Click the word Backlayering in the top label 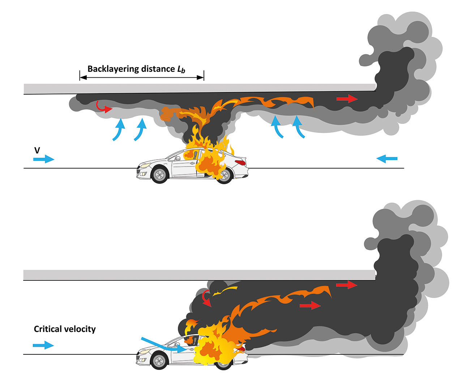pyautogui.click(x=113, y=69)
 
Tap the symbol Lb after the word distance pyautogui.click(x=181, y=69)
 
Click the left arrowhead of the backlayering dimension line pyautogui.click(x=83, y=78)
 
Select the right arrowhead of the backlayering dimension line pyautogui.click(x=200, y=78)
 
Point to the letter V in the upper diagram pyautogui.click(x=37, y=150)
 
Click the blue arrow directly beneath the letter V pyautogui.click(x=44, y=159)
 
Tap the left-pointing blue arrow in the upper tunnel pyautogui.click(x=386, y=159)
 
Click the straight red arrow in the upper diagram pyautogui.click(x=347, y=99)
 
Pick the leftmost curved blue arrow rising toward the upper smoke pyautogui.click(x=119, y=130)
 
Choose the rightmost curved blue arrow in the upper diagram pyautogui.click(x=298, y=127)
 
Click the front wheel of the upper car pyautogui.click(x=159, y=175)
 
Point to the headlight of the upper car pyautogui.click(x=145, y=165)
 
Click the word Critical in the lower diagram pyautogui.click(x=48, y=329)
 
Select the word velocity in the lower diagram pyautogui.click(x=80, y=329)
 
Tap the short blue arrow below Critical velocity pyautogui.click(x=43, y=345)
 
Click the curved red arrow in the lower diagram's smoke pyautogui.click(x=207, y=298)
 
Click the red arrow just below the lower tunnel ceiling pyautogui.click(x=347, y=285)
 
